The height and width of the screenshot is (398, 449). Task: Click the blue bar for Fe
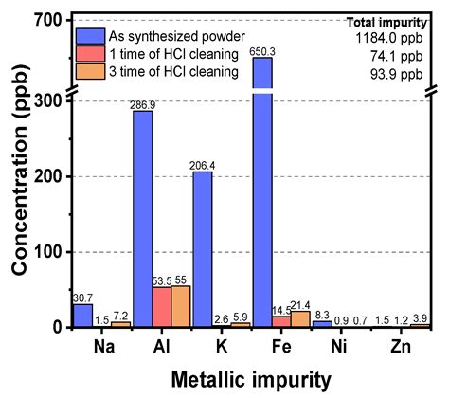click(262, 190)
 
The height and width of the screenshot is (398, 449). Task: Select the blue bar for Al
click(142, 218)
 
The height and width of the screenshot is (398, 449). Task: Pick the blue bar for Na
click(83, 315)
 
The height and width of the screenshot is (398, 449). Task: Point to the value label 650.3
click(262, 50)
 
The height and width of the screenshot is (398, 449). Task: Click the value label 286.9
click(142, 103)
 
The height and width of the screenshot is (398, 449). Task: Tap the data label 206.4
click(203, 164)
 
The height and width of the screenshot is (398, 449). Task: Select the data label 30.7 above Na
click(82, 297)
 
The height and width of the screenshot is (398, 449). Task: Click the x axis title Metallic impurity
click(251, 379)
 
